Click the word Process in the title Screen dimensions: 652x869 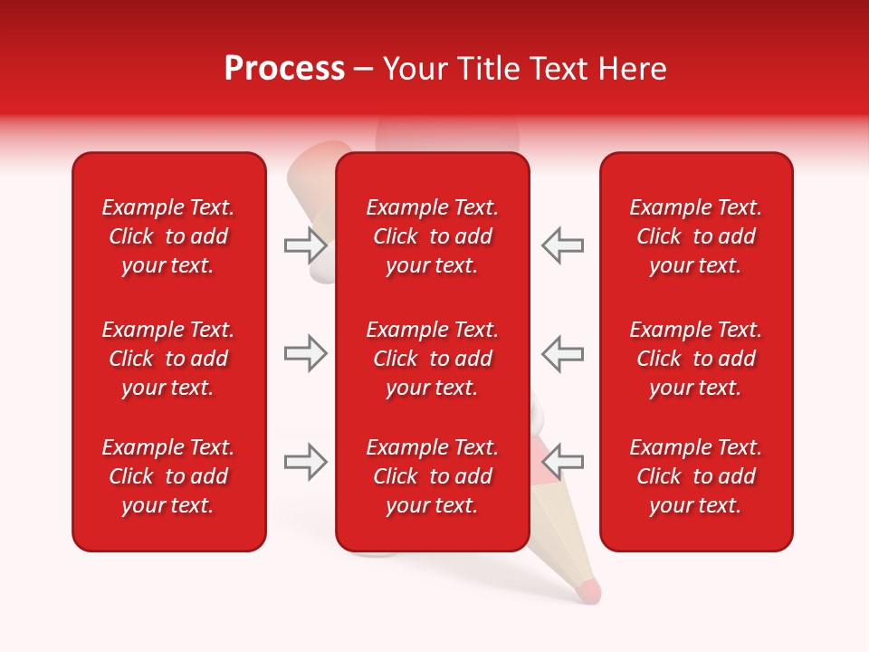coord(284,69)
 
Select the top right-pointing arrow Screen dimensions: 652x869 coord(305,245)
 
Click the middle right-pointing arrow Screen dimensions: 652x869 coord(305,353)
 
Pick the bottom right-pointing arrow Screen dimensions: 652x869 coord(305,462)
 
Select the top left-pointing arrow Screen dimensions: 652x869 coord(562,245)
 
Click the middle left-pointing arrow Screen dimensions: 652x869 coord(562,353)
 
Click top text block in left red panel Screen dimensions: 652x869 coord(168,236)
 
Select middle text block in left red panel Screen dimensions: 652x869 coord(168,359)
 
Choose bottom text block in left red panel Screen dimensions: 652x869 coord(168,476)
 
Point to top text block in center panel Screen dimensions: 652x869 coord(432,236)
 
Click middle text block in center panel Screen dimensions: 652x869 coord(432,359)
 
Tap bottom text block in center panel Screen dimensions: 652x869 coord(432,476)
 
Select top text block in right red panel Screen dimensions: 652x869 coord(695,236)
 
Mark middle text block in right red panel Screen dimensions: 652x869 coord(695,359)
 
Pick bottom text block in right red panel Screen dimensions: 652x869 coord(695,476)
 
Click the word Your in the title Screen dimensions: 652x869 coord(415,69)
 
